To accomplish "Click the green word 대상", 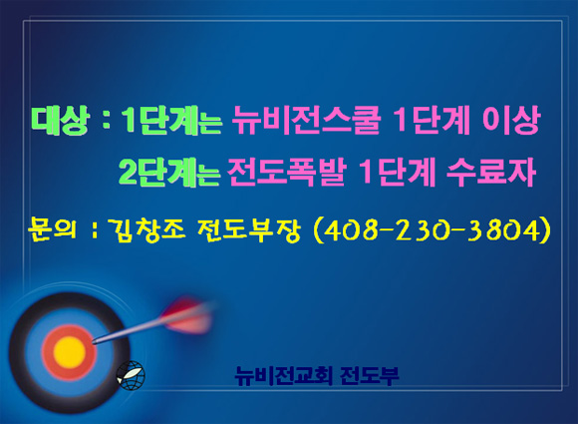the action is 60,120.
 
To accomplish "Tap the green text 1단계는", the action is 171,121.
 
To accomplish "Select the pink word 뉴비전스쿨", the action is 306,120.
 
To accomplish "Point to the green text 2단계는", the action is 169,173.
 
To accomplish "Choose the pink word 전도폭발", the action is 287,172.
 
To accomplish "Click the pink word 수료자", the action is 491,172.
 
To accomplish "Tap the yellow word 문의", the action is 52,229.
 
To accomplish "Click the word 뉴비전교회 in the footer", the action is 284,376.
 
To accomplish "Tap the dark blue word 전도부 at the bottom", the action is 370,376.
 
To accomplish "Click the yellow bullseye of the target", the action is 70,352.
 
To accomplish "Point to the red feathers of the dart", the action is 188,315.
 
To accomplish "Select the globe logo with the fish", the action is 131,375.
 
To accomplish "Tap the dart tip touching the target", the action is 93,342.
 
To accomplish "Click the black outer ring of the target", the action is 18,350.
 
